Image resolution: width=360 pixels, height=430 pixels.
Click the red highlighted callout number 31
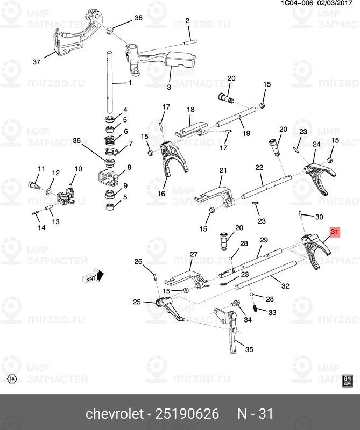(x=335, y=232)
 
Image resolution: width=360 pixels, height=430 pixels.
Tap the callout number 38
(x=138, y=18)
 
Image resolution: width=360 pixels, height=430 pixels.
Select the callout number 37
(x=37, y=62)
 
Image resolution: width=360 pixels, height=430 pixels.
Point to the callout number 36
(x=76, y=141)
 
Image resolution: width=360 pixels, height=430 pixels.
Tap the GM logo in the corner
(x=348, y=381)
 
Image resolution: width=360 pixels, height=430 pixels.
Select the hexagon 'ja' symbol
(x=12, y=379)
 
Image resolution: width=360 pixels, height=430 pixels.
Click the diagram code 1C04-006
(x=297, y=3)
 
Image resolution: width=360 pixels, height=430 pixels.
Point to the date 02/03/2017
(x=335, y=3)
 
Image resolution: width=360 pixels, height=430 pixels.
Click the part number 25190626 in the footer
(x=187, y=413)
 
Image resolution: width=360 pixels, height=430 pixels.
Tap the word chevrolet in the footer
(x=115, y=413)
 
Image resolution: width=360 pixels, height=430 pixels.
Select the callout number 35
(x=249, y=349)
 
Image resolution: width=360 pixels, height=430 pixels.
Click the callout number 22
(x=259, y=167)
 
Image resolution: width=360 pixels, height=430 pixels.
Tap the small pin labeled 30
(x=300, y=214)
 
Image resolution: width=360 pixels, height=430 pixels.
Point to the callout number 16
(x=161, y=193)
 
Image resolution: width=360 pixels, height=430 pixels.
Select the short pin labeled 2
(x=190, y=42)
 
